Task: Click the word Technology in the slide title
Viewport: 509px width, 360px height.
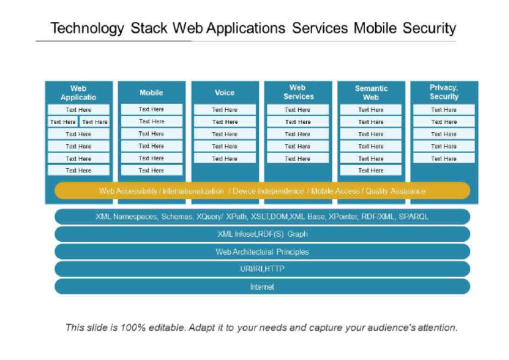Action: [87, 29]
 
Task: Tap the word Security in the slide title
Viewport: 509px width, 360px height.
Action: [429, 29]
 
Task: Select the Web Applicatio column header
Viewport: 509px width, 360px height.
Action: [78, 92]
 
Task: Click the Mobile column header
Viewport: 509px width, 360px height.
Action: [151, 92]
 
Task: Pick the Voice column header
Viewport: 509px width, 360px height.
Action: [225, 92]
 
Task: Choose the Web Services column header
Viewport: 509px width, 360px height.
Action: [298, 92]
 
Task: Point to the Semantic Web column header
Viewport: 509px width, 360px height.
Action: [370, 92]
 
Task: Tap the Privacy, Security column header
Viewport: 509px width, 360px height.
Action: [443, 92]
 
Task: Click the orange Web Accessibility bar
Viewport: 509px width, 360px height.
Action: [262, 191]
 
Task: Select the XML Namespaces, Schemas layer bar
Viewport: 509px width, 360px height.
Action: [262, 217]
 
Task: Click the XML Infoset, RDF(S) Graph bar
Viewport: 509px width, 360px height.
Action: [262, 234]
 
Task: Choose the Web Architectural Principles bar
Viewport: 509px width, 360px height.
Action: [262, 252]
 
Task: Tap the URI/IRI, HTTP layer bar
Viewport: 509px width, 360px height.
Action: [262, 269]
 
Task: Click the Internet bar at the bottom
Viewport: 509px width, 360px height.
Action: [262, 287]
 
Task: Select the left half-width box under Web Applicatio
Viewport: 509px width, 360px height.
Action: [63, 122]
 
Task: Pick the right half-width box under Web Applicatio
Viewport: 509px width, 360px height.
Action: [95, 122]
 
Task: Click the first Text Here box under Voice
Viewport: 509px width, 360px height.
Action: [225, 109]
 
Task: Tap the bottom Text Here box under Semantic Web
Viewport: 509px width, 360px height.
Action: [370, 170]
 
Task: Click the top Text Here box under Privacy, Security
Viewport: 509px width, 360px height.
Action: [443, 109]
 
